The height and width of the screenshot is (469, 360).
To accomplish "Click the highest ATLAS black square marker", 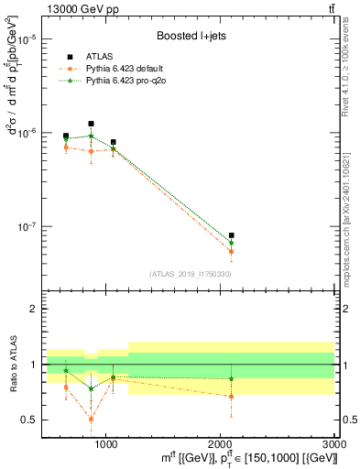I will [91, 124].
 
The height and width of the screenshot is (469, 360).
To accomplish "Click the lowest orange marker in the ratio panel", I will [91, 419].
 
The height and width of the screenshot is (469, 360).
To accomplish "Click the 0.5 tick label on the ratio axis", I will [30, 420].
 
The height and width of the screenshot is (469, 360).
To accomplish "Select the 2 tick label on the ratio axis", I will [34, 309].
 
